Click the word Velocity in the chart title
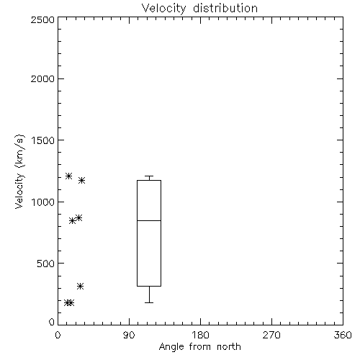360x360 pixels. [164, 9]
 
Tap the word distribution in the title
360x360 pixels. [225, 8]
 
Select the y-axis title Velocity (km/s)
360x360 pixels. [19, 171]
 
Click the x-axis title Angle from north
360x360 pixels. [199, 347]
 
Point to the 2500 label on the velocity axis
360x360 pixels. [42, 19]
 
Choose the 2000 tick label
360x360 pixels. [42, 78]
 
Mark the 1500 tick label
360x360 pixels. [43, 140]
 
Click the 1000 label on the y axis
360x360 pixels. [43, 202]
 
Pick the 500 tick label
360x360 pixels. [46, 264]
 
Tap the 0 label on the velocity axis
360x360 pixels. [52, 322]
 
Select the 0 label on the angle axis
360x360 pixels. [58, 335]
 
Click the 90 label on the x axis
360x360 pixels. [129, 335]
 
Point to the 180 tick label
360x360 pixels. [200, 335]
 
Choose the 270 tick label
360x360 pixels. [271, 335]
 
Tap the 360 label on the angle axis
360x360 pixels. [343, 335]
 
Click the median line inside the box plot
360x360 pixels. [149, 220]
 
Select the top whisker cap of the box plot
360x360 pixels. [149, 176]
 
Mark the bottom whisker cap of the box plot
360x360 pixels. [149, 302]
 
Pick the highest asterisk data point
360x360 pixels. [69, 176]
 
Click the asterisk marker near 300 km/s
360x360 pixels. [81, 286]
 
